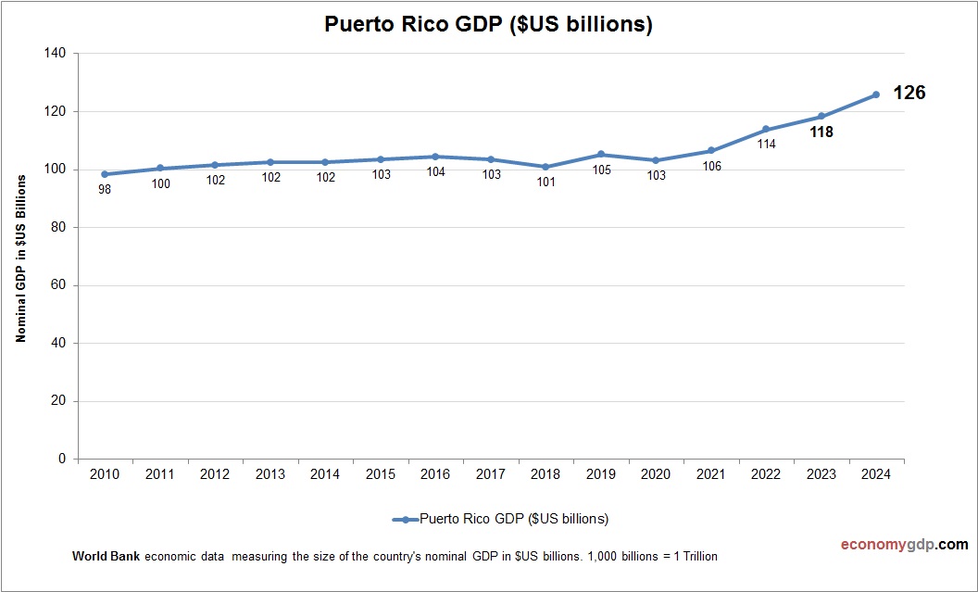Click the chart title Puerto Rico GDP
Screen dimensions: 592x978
(x=488, y=25)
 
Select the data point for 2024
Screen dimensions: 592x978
(x=875, y=94)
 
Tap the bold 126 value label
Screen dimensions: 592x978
(x=909, y=93)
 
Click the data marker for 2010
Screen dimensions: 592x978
(x=105, y=174)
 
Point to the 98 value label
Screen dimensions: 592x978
(x=105, y=190)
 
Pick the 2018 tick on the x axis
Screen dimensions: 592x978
(x=545, y=474)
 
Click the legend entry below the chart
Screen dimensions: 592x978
(x=500, y=519)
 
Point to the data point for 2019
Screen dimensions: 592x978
(x=601, y=155)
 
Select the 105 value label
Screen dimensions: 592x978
(x=601, y=170)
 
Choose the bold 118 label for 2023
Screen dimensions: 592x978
(x=821, y=132)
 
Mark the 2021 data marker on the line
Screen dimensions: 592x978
(x=711, y=150)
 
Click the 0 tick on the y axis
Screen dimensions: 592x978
(x=62, y=459)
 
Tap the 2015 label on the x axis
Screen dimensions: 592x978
(x=381, y=474)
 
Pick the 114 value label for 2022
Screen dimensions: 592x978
(x=766, y=144)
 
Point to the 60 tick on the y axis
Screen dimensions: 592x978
(x=58, y=285)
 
